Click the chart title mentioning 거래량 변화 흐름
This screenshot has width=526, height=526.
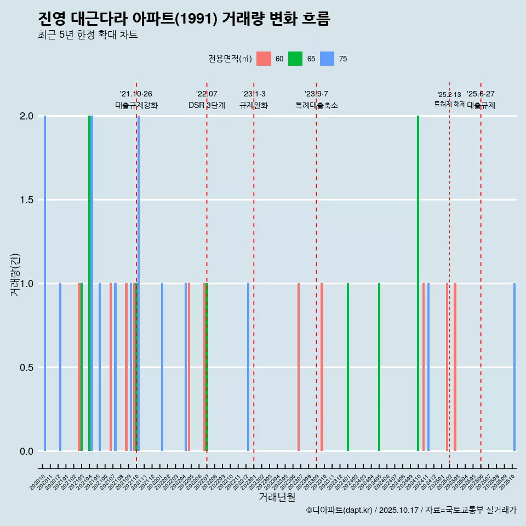pyautogui.click(x=184, y=19)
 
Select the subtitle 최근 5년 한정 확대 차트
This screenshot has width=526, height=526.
pyautogui.click(x=88, y=35)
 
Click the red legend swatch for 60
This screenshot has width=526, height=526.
pyautogui.click(x=264, y=59)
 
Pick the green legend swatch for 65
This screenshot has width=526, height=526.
pyautogui.click(x=295, y=59)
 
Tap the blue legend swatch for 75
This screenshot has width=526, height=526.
pyautogui.click(x=327, y=59)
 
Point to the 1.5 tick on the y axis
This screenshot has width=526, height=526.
pyautogui.click(x=25, y=200)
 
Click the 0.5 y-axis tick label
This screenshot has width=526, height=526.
pyautogui.click(x=25, y=368)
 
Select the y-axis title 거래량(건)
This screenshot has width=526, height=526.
pyautogui.click(x=15, y=274)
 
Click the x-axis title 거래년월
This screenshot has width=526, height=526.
pyautogui.click(x=277, y=497)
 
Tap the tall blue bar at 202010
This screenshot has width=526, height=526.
pyautogui.click(x=45, y=283)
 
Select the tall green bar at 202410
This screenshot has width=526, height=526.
pyautogui.click(x=418, y=283)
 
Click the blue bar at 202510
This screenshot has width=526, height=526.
pyautogui.click(x=514, y=367)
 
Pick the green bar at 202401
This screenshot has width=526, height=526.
pyautogui.click(x=348, y=367)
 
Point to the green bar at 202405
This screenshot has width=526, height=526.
pyautogui.click(x=379, y=367)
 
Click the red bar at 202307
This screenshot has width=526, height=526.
pyautogui.click(x=299, y=367)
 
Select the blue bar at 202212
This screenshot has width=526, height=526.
pyautogui.click(x=248, y=367)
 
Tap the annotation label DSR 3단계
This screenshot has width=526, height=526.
pyautogui.click(x=207, y=105)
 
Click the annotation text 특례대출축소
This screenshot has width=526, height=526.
pyautogui.click(x=316, y=105)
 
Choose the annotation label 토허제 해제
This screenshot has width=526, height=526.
pyautogui.click(x=449, y=104)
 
